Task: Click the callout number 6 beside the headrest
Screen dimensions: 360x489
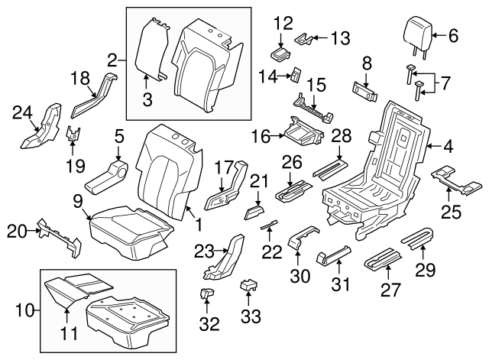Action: click(452, 34)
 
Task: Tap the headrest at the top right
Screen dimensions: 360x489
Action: click(416, 32)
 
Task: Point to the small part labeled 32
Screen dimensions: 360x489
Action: click(205, 294)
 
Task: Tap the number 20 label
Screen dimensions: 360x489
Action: click(15, 229)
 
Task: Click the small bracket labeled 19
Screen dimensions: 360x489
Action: click(73, 135)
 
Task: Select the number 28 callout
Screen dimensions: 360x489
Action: click(342, 136)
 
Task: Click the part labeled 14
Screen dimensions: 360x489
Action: click(293, 74)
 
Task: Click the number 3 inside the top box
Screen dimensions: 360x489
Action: click(147, 97)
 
